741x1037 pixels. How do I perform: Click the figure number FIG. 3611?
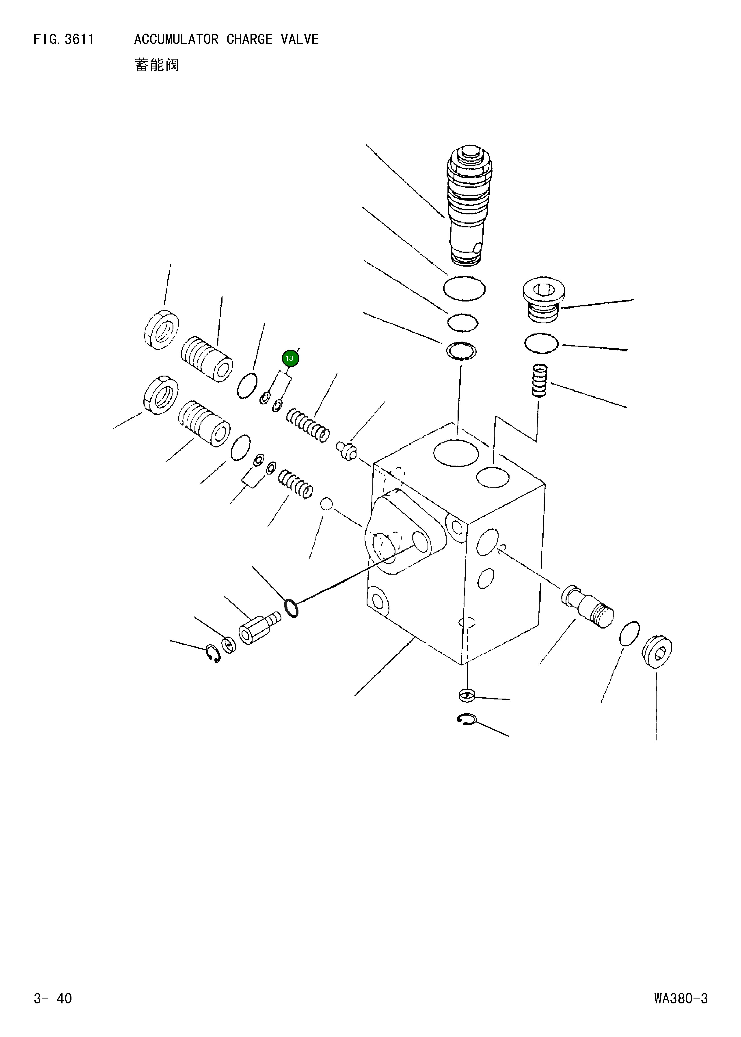64,40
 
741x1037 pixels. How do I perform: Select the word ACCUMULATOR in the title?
176,40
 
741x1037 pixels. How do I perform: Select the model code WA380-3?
680,998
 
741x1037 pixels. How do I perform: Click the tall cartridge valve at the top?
469,205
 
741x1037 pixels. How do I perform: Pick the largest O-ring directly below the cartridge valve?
464,289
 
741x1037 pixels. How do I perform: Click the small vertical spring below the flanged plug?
540,380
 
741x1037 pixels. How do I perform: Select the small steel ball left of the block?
326,504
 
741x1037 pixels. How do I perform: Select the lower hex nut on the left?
161,395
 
